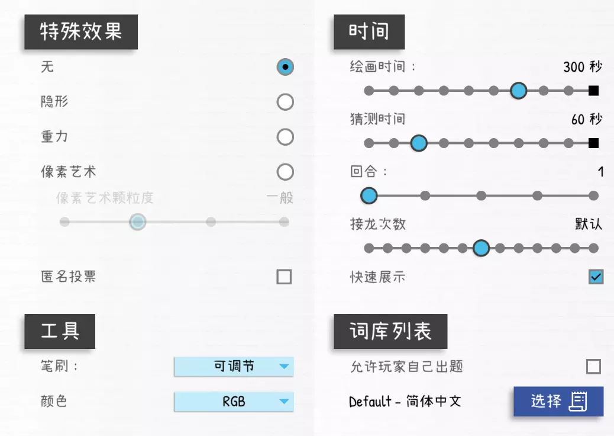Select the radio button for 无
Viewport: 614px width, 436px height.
coord(285,67)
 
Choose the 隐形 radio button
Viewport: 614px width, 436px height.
coord(285,102)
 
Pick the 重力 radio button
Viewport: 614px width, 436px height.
coord(285,137)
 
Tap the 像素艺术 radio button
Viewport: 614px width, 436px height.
coord(285,172)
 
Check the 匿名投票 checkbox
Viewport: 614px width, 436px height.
coord(284,277)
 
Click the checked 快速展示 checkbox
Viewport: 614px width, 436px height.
coord(596,277)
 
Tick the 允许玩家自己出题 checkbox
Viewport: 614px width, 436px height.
coord(594,367)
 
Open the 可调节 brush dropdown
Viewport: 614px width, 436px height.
coord(234,366)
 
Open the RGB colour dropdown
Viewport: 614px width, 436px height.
coord(234,402)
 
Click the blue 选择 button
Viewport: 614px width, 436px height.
coord(558,402)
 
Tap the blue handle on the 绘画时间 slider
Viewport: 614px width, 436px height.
coord(518,91)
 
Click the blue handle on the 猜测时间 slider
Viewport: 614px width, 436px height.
coord(419,143)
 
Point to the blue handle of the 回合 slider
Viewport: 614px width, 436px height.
coord(369,195)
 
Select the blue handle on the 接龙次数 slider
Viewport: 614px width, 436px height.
coord(481,248)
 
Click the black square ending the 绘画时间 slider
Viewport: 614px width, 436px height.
coord(594,91)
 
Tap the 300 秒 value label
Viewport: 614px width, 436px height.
coord(583,67)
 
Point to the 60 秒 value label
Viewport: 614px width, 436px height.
coord(587,119)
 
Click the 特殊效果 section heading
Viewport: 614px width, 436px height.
coord(81,32)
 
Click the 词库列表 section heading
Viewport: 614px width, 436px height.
coord(390,331)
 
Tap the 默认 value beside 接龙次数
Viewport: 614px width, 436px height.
coord(589,224)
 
